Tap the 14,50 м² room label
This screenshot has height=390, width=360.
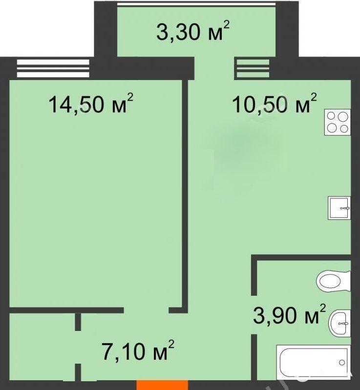pos(91,103)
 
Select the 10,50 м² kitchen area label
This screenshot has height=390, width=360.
pos(275,103)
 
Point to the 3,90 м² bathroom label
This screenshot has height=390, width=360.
pos(289,314)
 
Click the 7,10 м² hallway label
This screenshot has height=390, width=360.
pos(138,350)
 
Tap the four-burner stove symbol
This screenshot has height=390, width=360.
pos(338,122)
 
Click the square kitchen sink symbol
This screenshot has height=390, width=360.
pos(339,207)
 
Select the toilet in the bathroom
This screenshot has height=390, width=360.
pos(334,281)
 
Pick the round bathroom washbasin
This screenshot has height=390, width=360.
pos(339,323)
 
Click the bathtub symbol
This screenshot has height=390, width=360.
pos(314,362)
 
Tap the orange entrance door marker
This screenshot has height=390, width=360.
pos(162,385)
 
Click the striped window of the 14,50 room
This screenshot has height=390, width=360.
pos(53,68)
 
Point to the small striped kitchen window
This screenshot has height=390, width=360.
pos(253,68)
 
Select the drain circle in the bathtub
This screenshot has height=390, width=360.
pos(342,362)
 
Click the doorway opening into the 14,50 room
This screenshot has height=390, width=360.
pos(147,310)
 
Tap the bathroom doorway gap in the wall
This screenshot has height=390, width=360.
pos(254,315)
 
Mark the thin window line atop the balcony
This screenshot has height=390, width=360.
pos(196,4)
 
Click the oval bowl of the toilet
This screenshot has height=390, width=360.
pos(330,281)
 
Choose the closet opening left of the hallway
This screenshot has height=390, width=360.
pos(78,347)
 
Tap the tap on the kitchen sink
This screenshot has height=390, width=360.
pos(345,208)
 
